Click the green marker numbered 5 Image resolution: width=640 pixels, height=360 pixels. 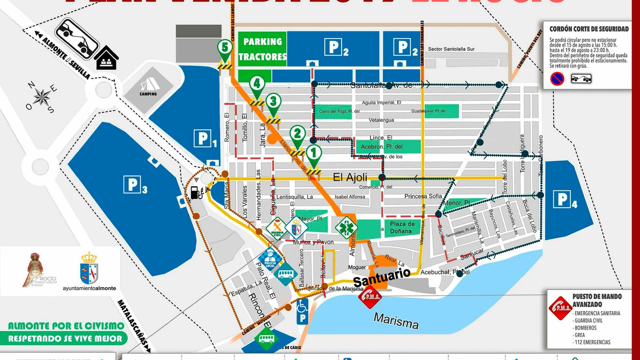tap(225, 48)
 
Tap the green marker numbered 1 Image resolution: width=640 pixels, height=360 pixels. tap(314, 152)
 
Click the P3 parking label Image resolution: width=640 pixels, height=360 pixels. tap(135, 185)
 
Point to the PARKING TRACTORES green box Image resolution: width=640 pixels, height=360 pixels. tap(262, 49)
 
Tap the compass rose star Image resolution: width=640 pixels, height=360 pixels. tap(41, 97)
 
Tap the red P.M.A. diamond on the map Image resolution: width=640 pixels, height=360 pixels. tap(369, 296)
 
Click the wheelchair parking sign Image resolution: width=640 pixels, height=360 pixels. tap(302, 312)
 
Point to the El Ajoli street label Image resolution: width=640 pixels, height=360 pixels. tap(350, 177)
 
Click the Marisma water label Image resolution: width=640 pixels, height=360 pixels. tap(396, 320)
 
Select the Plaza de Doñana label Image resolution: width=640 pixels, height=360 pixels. tap(402, 228)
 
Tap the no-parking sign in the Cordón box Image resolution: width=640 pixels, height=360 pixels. tap(557, 78)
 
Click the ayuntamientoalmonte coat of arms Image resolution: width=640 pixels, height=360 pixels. tap(89, 268)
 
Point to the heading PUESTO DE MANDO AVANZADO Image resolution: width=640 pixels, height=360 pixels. tap(596, 300)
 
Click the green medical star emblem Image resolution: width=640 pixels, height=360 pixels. tap(346, 228)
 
